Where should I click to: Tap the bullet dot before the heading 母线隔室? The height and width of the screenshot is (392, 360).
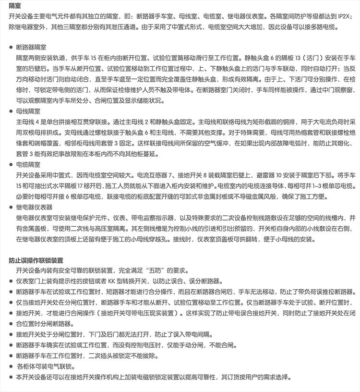click(11, 110)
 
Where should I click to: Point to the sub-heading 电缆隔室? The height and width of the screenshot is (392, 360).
click(28, 164)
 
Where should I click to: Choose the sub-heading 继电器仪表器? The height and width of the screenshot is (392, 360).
click(34, 208)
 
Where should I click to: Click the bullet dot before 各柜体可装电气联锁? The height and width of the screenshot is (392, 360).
click(11, 367)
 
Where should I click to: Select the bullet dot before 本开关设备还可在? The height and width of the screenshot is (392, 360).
click(11, 377)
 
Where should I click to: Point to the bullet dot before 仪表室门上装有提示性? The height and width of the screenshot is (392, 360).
click(11, 281)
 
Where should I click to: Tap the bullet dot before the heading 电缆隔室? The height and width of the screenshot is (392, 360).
click(11, 164)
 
